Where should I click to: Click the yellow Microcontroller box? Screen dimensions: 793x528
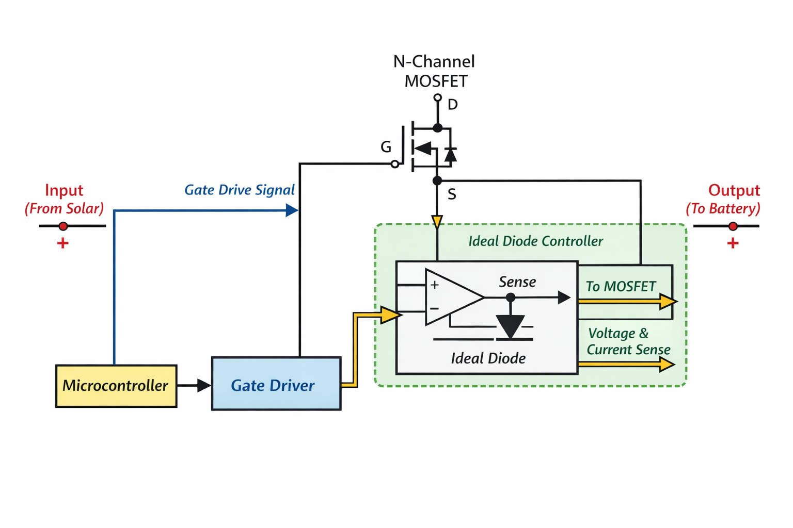(116, 386)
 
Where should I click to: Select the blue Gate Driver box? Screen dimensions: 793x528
(276, 384)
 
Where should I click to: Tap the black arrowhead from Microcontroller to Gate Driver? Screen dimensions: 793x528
(204, 386)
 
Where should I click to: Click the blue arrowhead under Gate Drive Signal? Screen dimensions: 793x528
(292, 210)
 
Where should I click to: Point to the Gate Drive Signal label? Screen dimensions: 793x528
(240, 190)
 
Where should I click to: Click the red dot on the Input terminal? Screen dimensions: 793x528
(63, 226)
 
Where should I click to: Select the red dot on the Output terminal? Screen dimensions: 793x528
(733, 226)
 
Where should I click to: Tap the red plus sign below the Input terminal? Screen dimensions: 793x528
(62, 243)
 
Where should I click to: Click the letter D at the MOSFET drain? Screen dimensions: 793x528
(452, 105)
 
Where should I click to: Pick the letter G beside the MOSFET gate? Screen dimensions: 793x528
(386, 147)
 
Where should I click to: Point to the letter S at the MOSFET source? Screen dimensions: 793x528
(452, 194)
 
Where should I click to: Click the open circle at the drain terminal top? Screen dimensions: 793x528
(438, 97)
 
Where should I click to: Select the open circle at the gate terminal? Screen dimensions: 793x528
(395, 164)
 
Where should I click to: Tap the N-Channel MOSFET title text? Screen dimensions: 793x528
(434, 71)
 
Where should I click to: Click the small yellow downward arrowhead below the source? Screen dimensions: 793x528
(437, 222)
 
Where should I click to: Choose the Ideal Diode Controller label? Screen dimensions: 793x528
(535, 241)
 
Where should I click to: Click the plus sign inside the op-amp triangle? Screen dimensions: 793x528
(435, 285)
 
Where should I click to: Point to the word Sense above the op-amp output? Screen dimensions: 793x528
(517, 282)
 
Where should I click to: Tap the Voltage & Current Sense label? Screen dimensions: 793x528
(628, 341)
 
